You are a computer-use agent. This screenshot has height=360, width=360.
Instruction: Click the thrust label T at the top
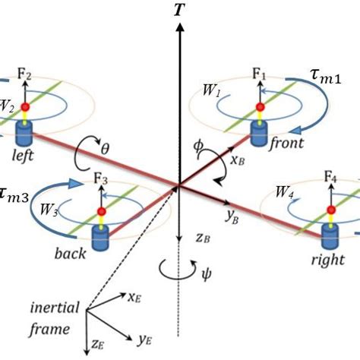point(179,10)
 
